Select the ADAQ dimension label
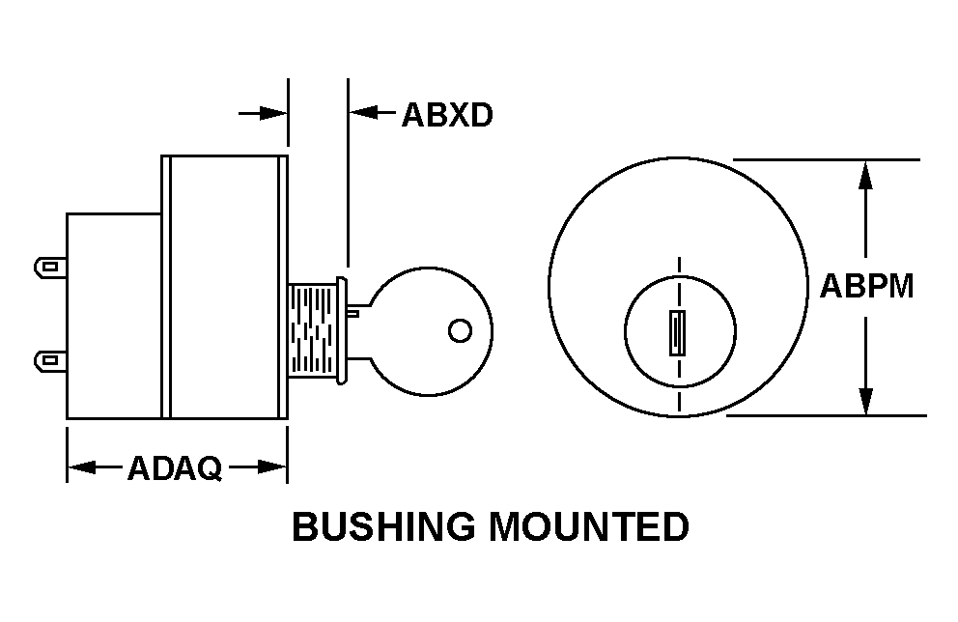point(175,468)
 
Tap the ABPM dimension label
point(866,285)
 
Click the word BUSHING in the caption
point(383,526)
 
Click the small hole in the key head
point(460,330)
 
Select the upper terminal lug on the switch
point(50,267)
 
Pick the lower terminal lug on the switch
point(50,360)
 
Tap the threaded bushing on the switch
point(312,330)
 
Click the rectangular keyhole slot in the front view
point(677,333)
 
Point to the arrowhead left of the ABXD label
point(364,112)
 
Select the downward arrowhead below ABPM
point(865,401)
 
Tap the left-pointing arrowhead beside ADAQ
point(82,468)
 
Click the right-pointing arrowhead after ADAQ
point(272,467)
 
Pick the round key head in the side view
point(430,331)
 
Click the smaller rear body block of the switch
point(114,316)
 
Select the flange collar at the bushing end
point(342,330)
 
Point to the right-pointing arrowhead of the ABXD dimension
point(272,113)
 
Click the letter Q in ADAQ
point(210,469)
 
